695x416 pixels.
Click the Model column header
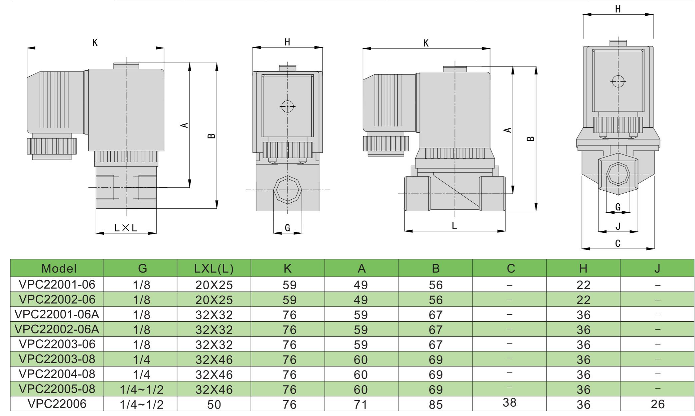(59, 268)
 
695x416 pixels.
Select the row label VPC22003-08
(57, 359)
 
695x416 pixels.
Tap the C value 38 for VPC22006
(510, 403)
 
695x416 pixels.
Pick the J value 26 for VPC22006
(658, 404)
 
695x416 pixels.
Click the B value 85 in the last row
(436, 404)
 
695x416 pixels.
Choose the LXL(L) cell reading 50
(214, 404)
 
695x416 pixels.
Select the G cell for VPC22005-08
(142, 389)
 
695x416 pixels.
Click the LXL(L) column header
(214, 268)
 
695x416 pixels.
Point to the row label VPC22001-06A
(57, 314)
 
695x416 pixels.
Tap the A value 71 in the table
(361, 404)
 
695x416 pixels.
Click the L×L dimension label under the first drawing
(126, 228)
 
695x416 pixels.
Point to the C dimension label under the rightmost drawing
(618, 243)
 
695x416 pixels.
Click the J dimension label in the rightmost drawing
(618, 227)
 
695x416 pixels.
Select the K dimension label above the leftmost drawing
(95, 42)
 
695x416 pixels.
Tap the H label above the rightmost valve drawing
(618, 9)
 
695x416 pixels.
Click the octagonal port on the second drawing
(288, 190)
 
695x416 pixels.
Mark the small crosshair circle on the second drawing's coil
(287, 107)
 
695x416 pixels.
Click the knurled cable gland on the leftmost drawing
(52, 146)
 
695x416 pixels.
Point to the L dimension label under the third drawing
(454, 226)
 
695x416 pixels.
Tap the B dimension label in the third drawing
(530, 138)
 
